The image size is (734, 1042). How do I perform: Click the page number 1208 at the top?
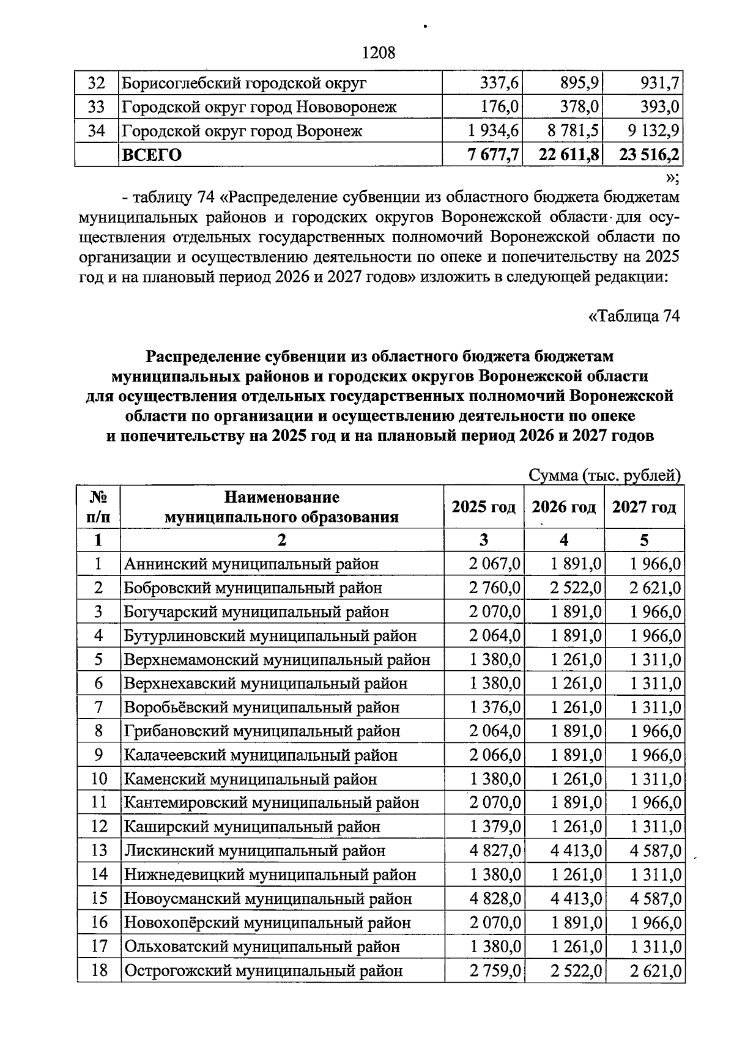(x=379, y=53)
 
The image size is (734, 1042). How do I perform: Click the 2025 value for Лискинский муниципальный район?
(x=495, y=851)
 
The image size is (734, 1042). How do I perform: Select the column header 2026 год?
(x=563, y=507)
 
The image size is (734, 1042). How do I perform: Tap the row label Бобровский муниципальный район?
(x=253, y=588)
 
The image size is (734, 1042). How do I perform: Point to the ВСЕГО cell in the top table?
(x=152, y=155)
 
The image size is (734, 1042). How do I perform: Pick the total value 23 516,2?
(x=649, y=155)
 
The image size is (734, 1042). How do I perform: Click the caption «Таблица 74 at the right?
(x=633, y=316)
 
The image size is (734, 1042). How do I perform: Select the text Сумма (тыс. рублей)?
(x=604, y=476)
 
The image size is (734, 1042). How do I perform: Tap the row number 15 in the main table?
(x=98, y=898)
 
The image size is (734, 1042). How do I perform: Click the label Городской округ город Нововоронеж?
(x=259, y=107)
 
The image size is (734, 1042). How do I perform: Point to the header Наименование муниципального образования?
(x=281, y=507)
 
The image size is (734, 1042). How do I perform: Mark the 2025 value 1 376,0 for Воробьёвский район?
(x=495, y=708)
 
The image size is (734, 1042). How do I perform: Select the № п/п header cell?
(x=98, y=507)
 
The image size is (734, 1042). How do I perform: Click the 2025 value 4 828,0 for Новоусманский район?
(x=495, y=898)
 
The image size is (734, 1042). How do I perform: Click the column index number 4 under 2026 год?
(x=563, y=540)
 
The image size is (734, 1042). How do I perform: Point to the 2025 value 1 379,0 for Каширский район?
(x=495, y=827)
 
